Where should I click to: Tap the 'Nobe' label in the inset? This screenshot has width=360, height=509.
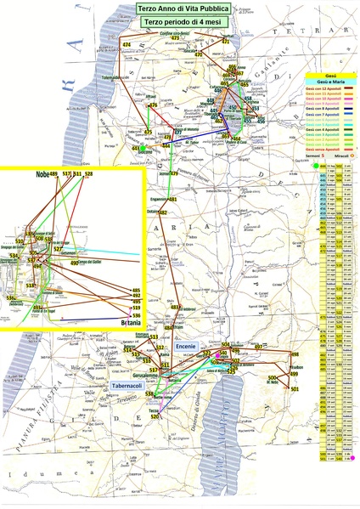click(x=42, y=174)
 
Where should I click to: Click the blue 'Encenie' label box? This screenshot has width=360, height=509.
click(x=186, y=347)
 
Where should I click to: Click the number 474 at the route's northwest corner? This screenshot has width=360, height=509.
click(x=127, y=44)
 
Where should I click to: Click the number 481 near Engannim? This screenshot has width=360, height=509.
click(x=172, y=200)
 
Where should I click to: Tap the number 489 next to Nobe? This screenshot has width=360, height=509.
click(x=53, y=174)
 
